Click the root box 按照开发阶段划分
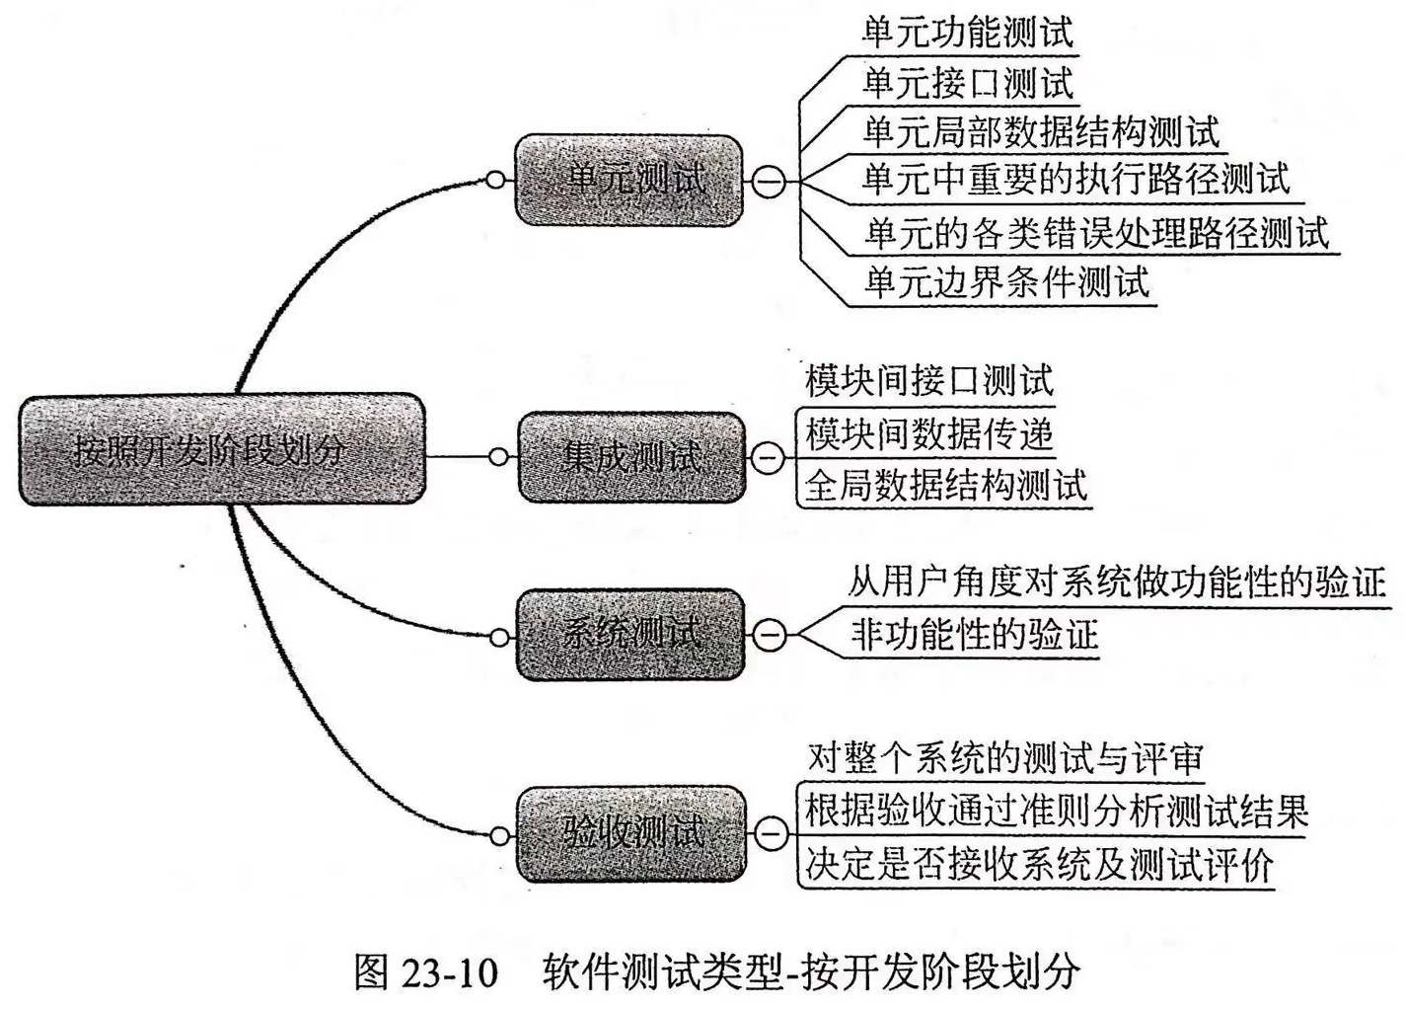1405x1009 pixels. click(x=222, y=450)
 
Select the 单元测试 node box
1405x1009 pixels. click(x=629, y=180)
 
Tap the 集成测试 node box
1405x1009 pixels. click(x=631, y=457)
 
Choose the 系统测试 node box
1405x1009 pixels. click(x=630, y=634)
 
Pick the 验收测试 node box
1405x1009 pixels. click(x=631, y=833)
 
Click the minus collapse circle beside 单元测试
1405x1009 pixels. click(x=770, y=182)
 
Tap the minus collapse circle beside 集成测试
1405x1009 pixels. click(x=769, y=457)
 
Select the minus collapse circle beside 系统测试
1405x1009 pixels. click(x=770, y=635)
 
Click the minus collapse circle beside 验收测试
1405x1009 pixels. click(x=770, y=834)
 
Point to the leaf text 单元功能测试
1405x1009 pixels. click(x=967, y=33)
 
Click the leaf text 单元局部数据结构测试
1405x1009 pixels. click(x=1041, y=131)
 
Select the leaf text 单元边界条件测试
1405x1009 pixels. click(x=1006, y=282)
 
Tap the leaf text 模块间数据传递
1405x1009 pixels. click(x=928, y=432)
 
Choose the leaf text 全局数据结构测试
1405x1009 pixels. click(x=945, y=485)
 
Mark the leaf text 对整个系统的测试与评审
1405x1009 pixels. click(x=1005, y=758)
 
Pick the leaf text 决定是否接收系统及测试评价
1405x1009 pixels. click(x=1038, y=864)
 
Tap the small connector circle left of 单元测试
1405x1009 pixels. click(x=496, y=181)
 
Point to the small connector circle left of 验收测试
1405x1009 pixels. click(x=500, y=836)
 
